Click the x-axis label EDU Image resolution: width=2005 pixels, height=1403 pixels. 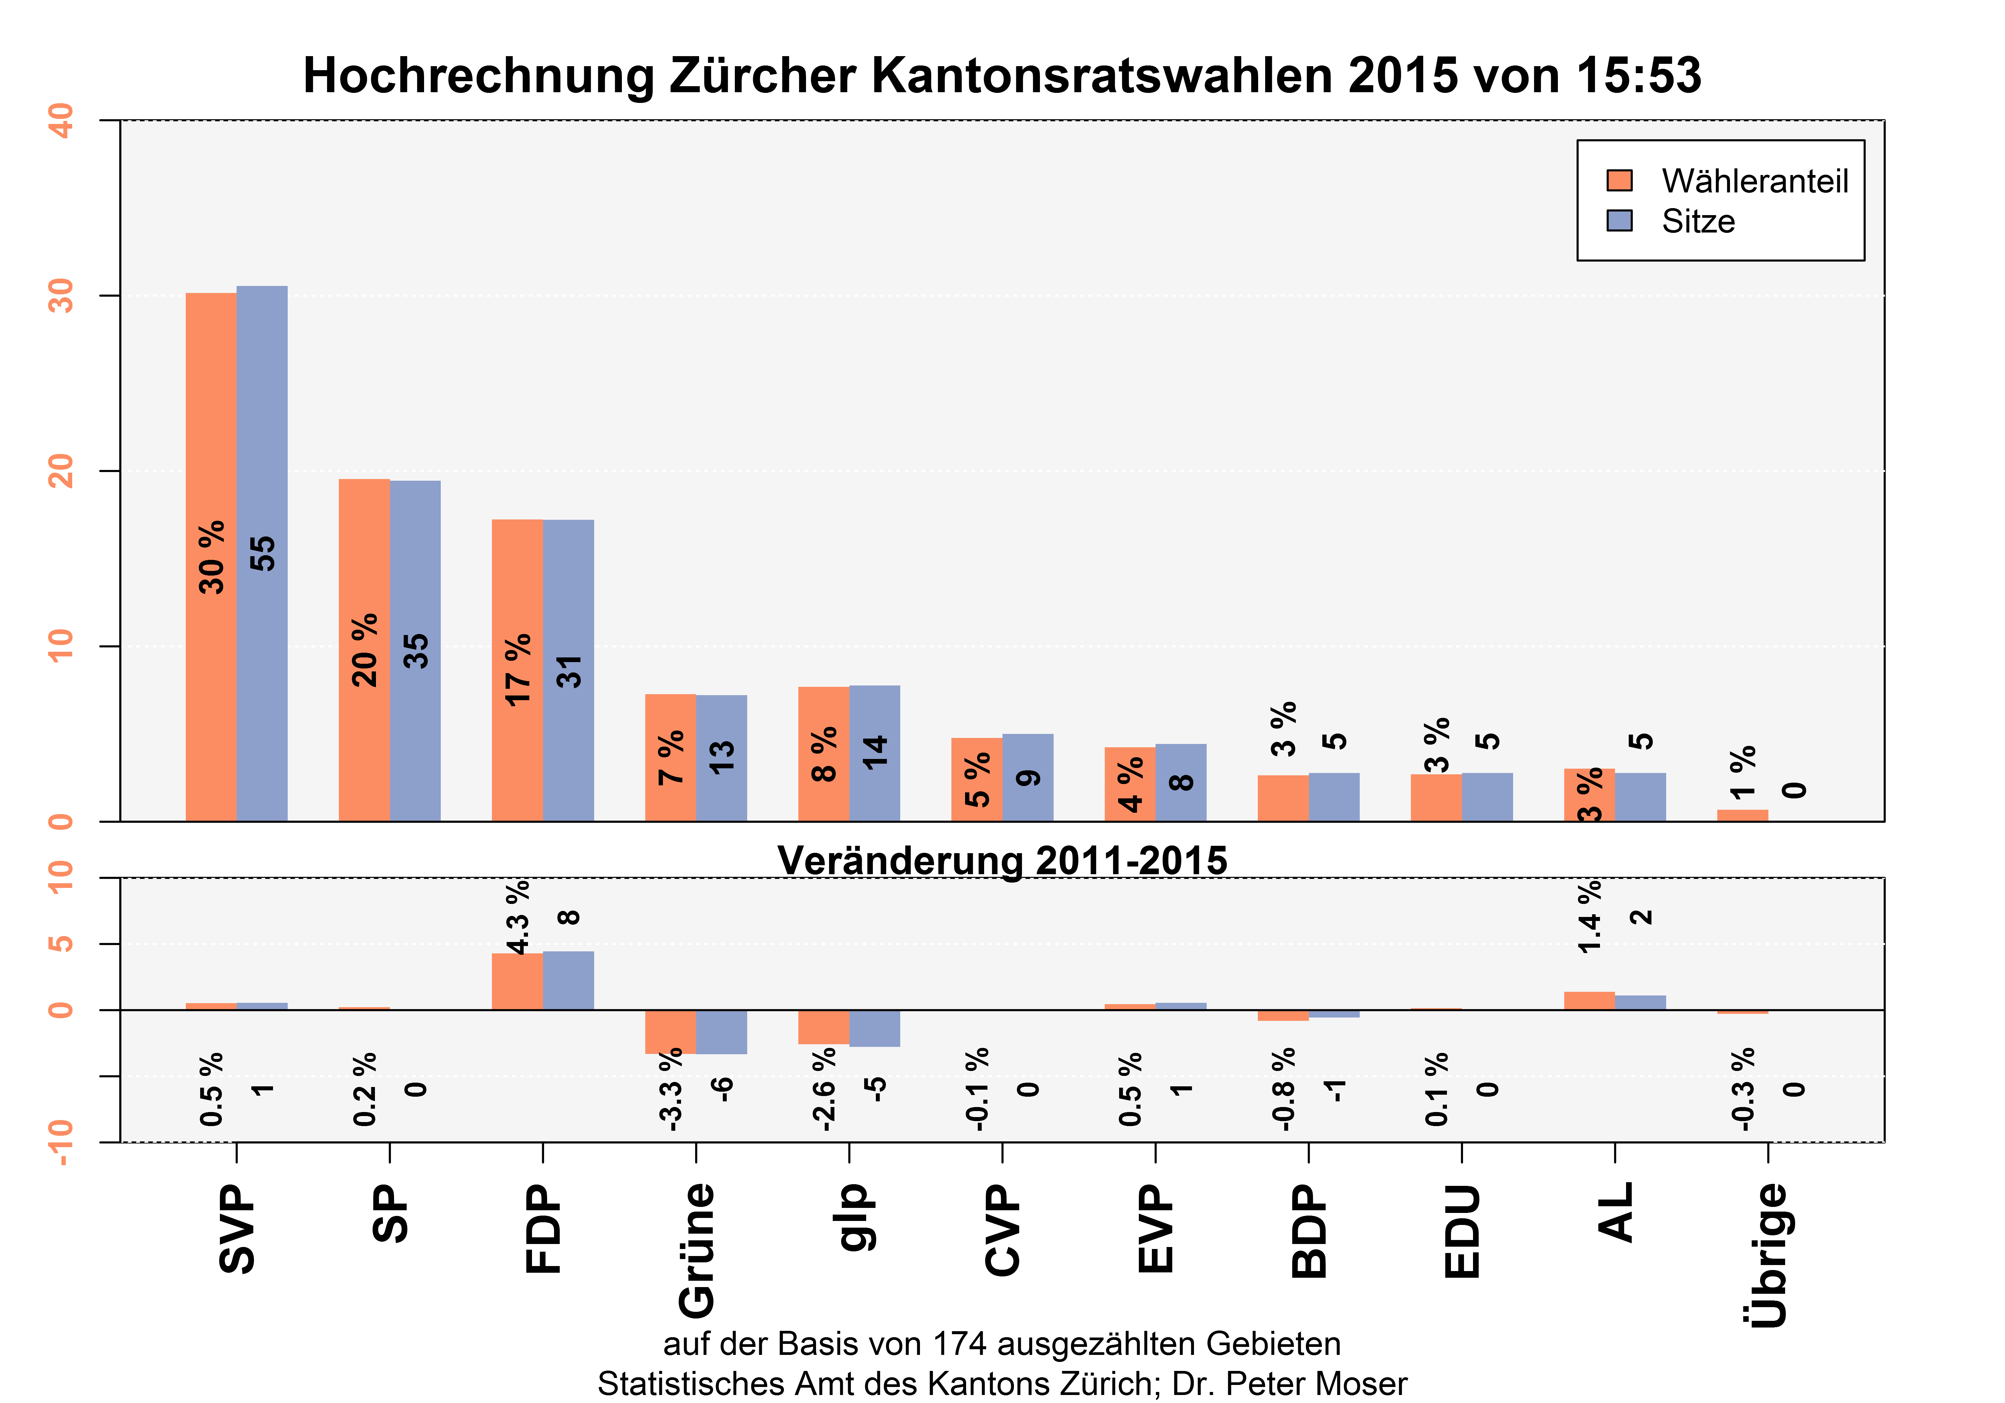1462,1231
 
